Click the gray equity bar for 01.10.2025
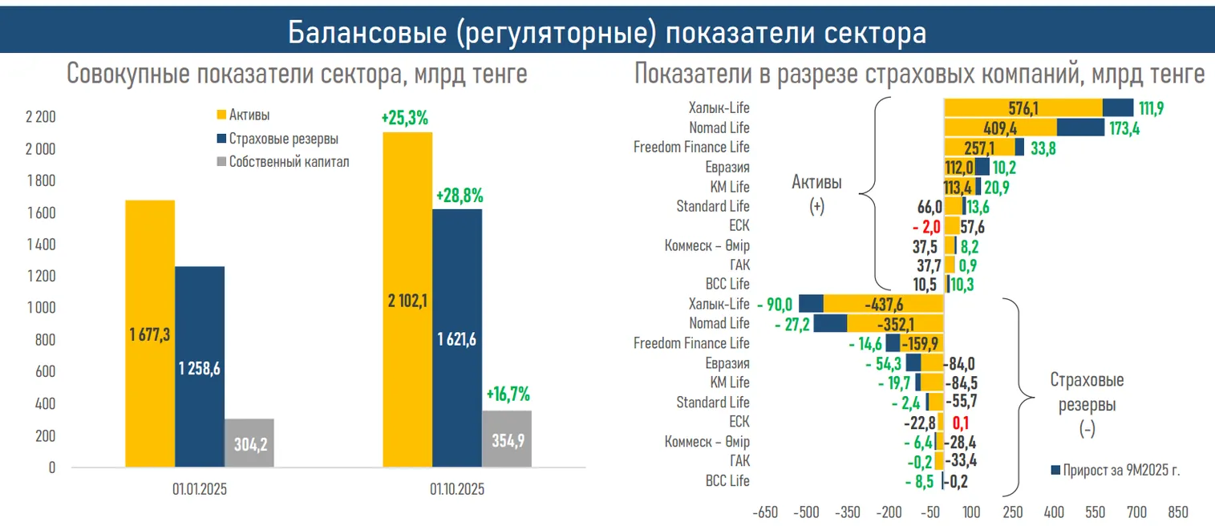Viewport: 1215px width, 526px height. pyautogui.click(x=506, y=439)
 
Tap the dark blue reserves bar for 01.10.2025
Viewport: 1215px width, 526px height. pyautogui.click(x=457, y=338)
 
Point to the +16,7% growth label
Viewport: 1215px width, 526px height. pyautogui.click(x=508, y=394)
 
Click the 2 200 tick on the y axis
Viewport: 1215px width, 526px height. pyautogui.click(x=41, y=118)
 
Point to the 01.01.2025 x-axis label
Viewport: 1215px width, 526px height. pyautogui.click(x=199, y=489)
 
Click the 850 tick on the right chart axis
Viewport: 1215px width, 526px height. pyautogui.click(x=1178, y=512)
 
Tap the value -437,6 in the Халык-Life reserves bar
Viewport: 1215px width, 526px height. pyautogui.click(x=885, y=304)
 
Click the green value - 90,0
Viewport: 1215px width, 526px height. pyautogui.click(x=775, y=304)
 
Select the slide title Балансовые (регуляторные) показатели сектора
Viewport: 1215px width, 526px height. pyautogui.click(x=607, y=32)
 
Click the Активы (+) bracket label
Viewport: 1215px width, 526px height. pyautogui.click(x=817, y=193)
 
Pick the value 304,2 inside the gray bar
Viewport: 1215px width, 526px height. pyautogui.click(x=249, y=443)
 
